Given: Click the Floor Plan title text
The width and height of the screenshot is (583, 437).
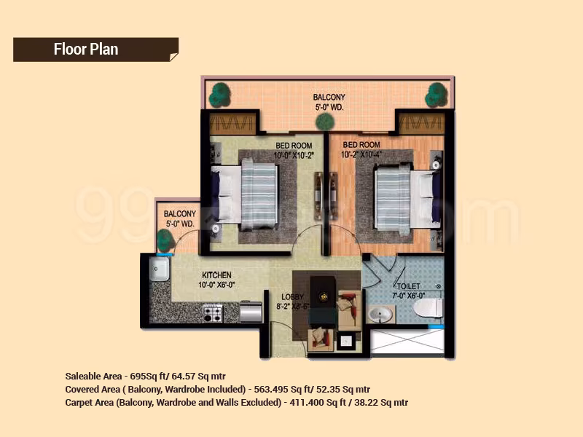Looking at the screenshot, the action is coord(86,49).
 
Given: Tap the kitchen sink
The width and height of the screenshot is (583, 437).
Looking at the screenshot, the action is coord(159,269).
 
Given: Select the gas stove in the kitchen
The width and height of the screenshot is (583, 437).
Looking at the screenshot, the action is coord(213,313).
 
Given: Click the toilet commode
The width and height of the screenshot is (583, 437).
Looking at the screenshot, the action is coord(429,307).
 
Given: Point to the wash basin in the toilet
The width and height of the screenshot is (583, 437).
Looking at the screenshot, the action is coord(380,315).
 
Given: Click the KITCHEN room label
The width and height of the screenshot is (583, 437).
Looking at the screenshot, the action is coord(216,275).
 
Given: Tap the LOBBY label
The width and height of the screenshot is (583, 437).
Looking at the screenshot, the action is coord(292,296).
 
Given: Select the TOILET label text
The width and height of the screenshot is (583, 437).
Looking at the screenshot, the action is coord(409,286).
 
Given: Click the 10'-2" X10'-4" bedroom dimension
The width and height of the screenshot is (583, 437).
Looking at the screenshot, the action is coord(361,154).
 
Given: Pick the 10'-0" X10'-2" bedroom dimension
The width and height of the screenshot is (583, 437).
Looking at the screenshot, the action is coord(294,155).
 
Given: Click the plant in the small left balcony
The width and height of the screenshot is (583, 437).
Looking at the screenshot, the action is coord(165,241).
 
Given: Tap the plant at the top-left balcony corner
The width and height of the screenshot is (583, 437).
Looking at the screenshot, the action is coord(219,95).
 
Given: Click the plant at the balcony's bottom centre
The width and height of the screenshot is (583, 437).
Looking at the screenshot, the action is coord(325,122).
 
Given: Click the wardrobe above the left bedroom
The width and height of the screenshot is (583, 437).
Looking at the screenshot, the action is coord(232,122).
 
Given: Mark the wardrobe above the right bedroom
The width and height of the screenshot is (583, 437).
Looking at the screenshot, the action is coord(422,122).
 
